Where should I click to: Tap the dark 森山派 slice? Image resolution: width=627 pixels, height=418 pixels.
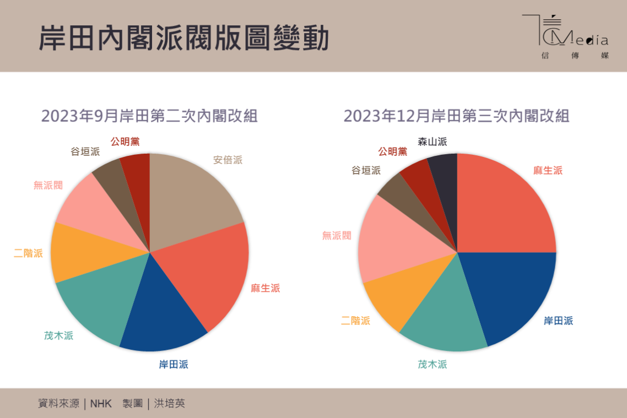[445, 187]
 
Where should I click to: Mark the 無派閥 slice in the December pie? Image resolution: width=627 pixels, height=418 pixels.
[397, 242]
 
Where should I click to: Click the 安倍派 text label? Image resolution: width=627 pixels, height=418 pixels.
[228, 160]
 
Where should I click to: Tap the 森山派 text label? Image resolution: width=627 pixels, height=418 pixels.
[432, 142]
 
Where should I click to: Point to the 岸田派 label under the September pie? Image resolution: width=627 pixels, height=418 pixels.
[174, 364]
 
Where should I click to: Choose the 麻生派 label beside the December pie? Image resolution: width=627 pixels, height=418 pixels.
[548, 170]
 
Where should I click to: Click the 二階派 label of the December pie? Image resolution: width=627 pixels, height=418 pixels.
[355, 321]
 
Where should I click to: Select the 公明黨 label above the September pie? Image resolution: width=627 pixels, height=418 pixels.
[125, 142]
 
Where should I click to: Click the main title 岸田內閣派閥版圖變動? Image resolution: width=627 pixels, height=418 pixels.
[184, 38]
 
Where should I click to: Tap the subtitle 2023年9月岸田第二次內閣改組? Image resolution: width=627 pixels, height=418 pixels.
[149, 116]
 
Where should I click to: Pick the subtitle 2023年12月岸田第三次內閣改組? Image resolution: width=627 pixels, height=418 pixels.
[456, 116]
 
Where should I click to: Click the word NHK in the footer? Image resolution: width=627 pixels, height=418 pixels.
[101, 404]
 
